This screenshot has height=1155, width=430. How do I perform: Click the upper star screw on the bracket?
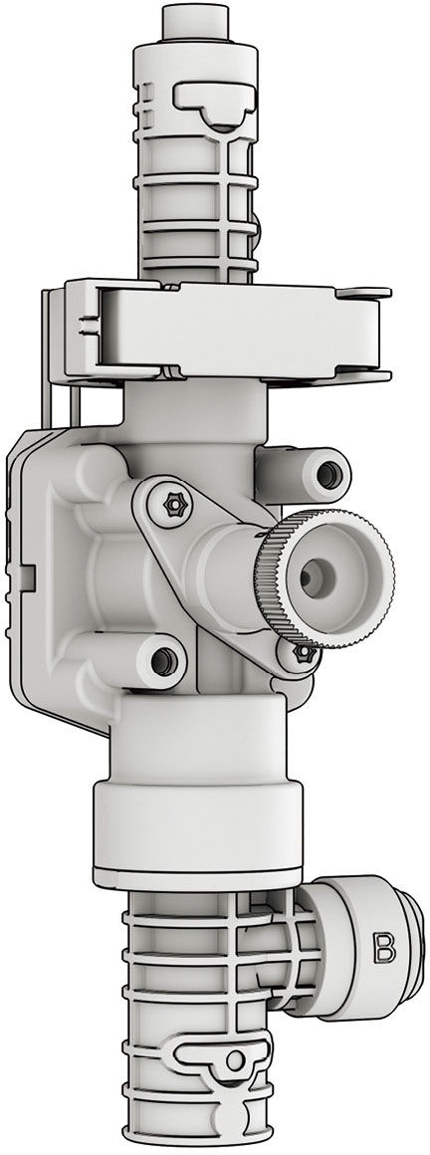point(175,505)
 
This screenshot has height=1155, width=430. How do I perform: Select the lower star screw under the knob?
point(303,652)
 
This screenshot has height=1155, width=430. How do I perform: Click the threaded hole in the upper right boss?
point(328,474)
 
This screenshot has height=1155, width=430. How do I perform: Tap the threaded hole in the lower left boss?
point(162,661)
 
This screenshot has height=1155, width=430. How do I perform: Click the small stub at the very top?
point(195,22)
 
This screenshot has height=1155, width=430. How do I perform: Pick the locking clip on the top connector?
point(215,104)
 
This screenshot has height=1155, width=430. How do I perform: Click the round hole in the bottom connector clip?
point(235,1060)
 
